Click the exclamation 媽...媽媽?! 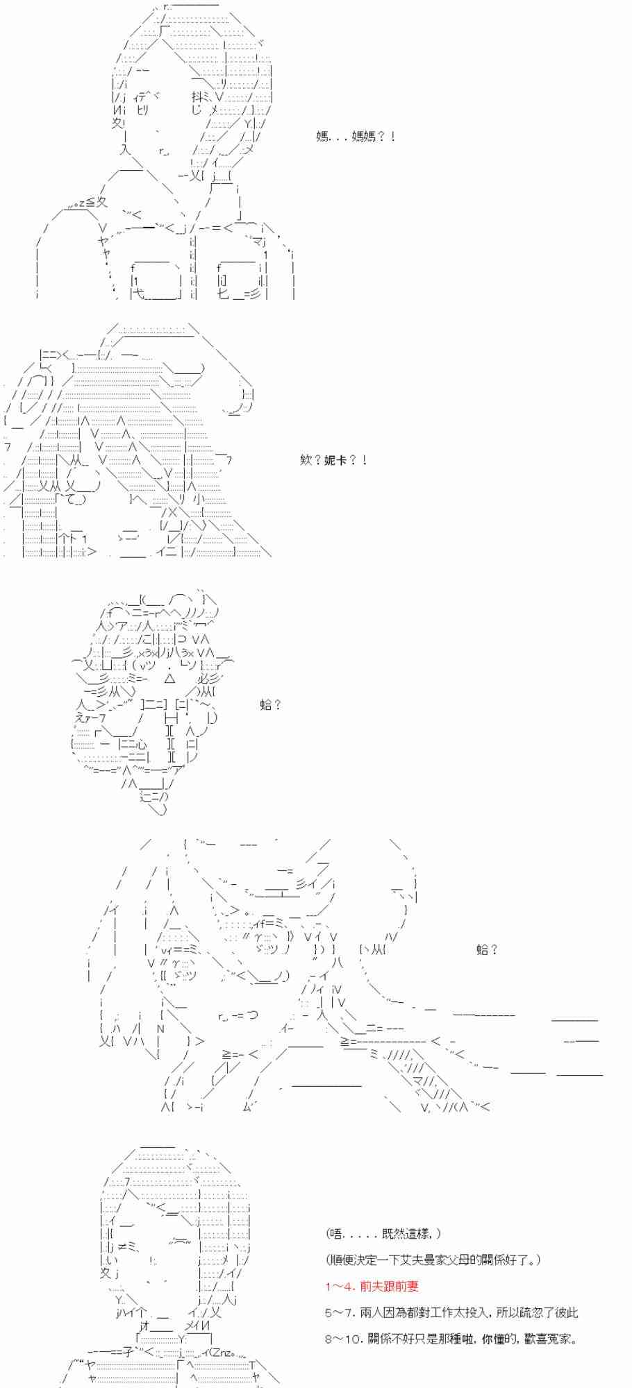[x=355, y=136]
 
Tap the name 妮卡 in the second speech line [x=335, y=460]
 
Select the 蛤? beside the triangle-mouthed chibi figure [x=270, y=705]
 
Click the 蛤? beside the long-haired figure [x=487, y=949]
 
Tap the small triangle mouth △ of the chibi [x=170, y=678]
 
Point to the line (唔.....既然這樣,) [x=382, y=1233]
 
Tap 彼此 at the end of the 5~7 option [x=566, y=1312]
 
